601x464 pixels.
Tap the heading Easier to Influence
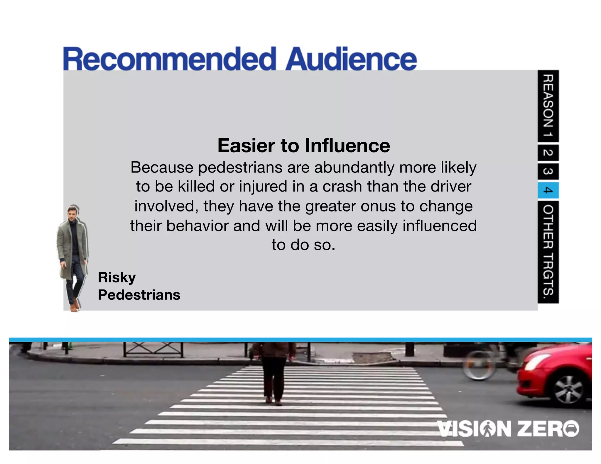coord(304,145)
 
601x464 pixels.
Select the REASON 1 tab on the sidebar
coord(548,106)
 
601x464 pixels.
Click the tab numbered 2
coord(548,153)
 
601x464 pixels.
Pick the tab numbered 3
coord(548,171)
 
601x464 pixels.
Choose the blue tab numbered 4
coord(548,190)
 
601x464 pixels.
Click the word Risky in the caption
coord(117,277)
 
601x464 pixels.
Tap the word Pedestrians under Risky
coord(139,295)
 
